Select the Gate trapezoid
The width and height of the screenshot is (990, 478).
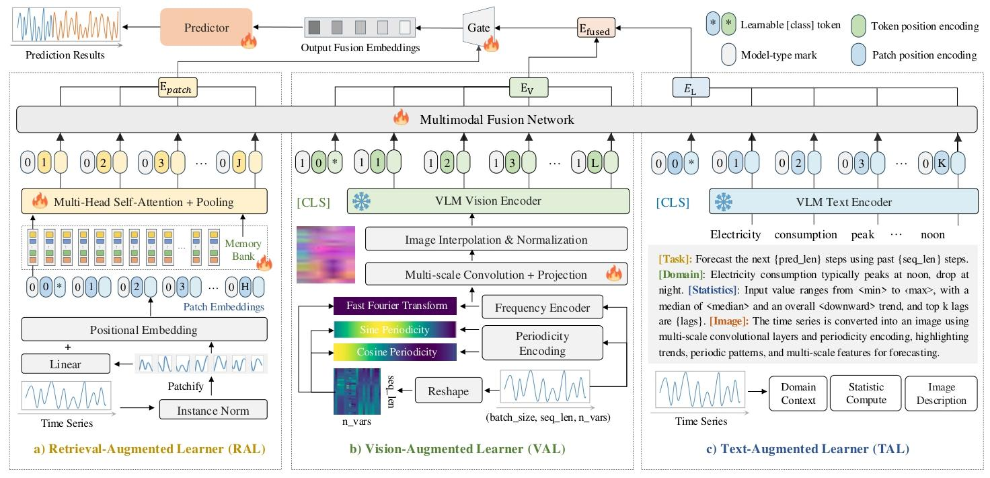(479, 28)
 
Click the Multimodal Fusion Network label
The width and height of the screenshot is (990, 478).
(497, 120)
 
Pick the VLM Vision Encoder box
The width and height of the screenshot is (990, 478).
(488, 201)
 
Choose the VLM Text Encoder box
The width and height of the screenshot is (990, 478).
(843, 201)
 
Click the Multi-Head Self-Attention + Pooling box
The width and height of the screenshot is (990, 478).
(145, 201)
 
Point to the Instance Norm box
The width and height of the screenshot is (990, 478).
(213, 409)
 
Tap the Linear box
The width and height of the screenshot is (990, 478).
(65, 364)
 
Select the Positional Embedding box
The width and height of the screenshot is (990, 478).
(145, 330)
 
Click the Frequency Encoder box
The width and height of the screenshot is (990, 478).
(542, 308)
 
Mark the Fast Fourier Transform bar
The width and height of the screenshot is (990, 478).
(395, 306)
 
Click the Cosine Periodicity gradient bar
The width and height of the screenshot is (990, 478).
(395, 351)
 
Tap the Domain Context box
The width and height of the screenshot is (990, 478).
(798, 393)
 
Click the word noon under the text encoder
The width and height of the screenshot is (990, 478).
(931, 235)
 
